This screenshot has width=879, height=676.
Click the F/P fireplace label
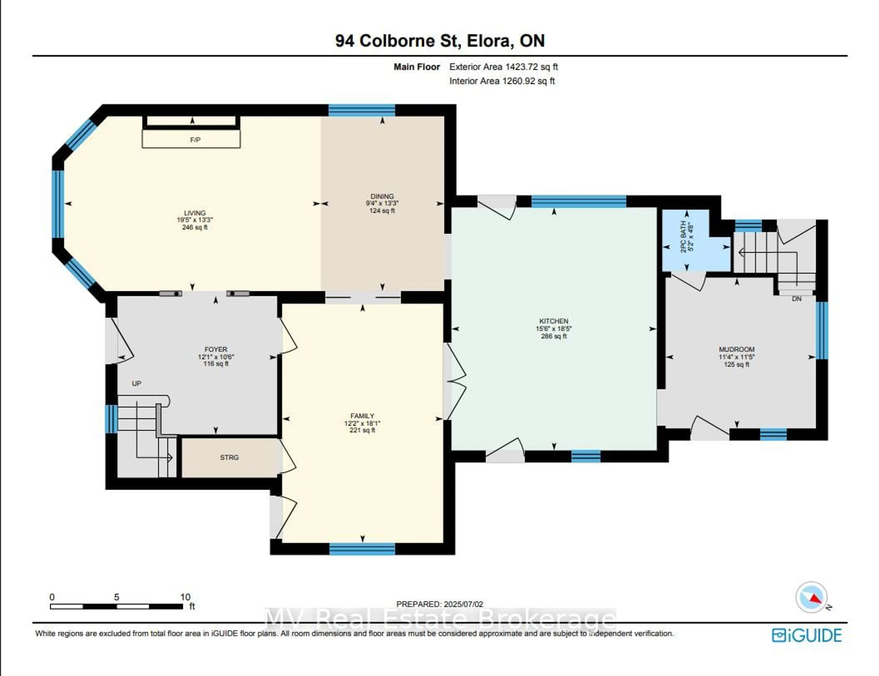pos(195,140)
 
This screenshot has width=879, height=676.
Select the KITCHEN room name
pos(554,321)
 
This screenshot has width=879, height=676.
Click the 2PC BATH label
pos(683,237)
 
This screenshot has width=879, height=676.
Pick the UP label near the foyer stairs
pos(136,384)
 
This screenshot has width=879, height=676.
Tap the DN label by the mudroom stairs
pos(797,299)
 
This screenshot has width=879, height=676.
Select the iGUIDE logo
pos(807,635)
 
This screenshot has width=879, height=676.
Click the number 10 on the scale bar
pos(185,597)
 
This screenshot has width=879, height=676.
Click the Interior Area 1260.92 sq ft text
pos(502,81)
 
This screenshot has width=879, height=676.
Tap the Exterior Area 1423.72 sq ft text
pos(504,67)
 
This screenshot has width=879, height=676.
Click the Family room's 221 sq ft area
pos(362,430)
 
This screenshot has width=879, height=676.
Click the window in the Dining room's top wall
pos(362,110)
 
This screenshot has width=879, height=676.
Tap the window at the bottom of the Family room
pos(362,549)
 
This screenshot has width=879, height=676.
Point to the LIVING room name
pos(195,213)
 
